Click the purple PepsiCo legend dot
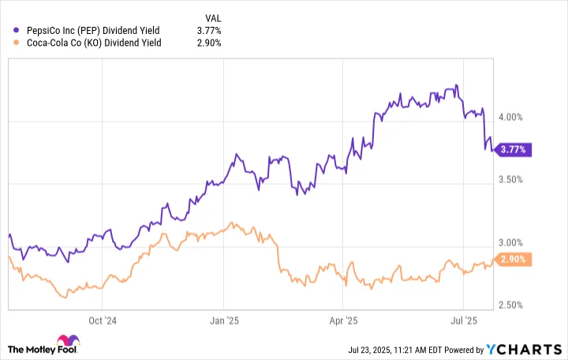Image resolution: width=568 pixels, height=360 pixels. pos(16,31)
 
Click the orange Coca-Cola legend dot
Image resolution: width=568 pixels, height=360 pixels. pos(16,43)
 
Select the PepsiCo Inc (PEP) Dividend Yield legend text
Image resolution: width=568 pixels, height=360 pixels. pos(93,31)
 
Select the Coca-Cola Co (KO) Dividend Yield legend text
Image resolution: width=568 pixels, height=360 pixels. pos(94,43)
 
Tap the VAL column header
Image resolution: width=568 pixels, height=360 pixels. pos(213,18)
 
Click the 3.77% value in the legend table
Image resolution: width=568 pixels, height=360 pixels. pos(209,31)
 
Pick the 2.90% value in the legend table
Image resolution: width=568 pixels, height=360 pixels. pos(209,43)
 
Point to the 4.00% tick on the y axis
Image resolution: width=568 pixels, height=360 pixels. pos(510,118)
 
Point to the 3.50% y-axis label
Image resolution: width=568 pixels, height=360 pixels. pos(510,180)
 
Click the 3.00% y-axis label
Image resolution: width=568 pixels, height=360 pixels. pos(510,242)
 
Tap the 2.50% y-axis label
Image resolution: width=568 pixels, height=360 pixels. pos(510,306)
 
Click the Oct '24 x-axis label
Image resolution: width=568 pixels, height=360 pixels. pos(103,321)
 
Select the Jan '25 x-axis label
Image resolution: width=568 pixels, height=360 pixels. pos(224,321)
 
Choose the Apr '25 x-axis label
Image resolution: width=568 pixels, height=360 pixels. pos(343,321)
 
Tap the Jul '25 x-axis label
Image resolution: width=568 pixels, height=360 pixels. pos(464,321)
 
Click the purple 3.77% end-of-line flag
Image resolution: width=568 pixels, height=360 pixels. pos(513,150)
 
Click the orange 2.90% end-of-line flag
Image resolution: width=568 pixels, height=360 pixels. pos(513,260)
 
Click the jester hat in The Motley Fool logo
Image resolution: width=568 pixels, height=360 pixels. pos(68,340)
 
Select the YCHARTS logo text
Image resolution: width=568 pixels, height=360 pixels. pos(524,350)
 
